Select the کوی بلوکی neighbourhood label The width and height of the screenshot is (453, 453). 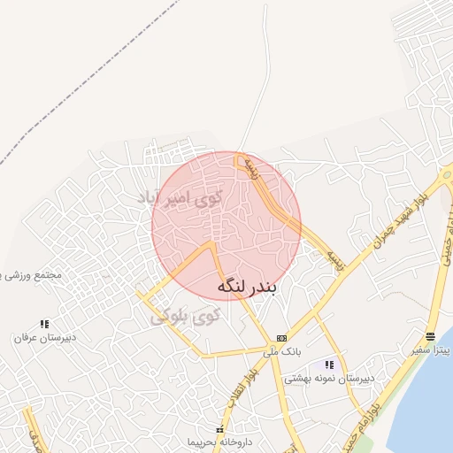pos(184,315)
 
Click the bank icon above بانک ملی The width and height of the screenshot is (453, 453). pos(281,338)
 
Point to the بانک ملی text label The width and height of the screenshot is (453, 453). pos(282,351)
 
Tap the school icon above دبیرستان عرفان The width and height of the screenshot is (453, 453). pos(44,324)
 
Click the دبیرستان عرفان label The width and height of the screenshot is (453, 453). pos(44,337)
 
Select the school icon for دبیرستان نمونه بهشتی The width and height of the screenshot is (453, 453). pos(329,365)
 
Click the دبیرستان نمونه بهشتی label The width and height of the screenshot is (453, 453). pos(329,378)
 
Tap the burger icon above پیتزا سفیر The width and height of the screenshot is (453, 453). pos(430,336)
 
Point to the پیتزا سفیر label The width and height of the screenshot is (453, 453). pos(430,350)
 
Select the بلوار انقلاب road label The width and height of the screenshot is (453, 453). pos(232,390)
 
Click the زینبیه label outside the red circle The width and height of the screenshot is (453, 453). pos(332,257)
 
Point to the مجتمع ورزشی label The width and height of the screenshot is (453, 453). pos(32,275)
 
